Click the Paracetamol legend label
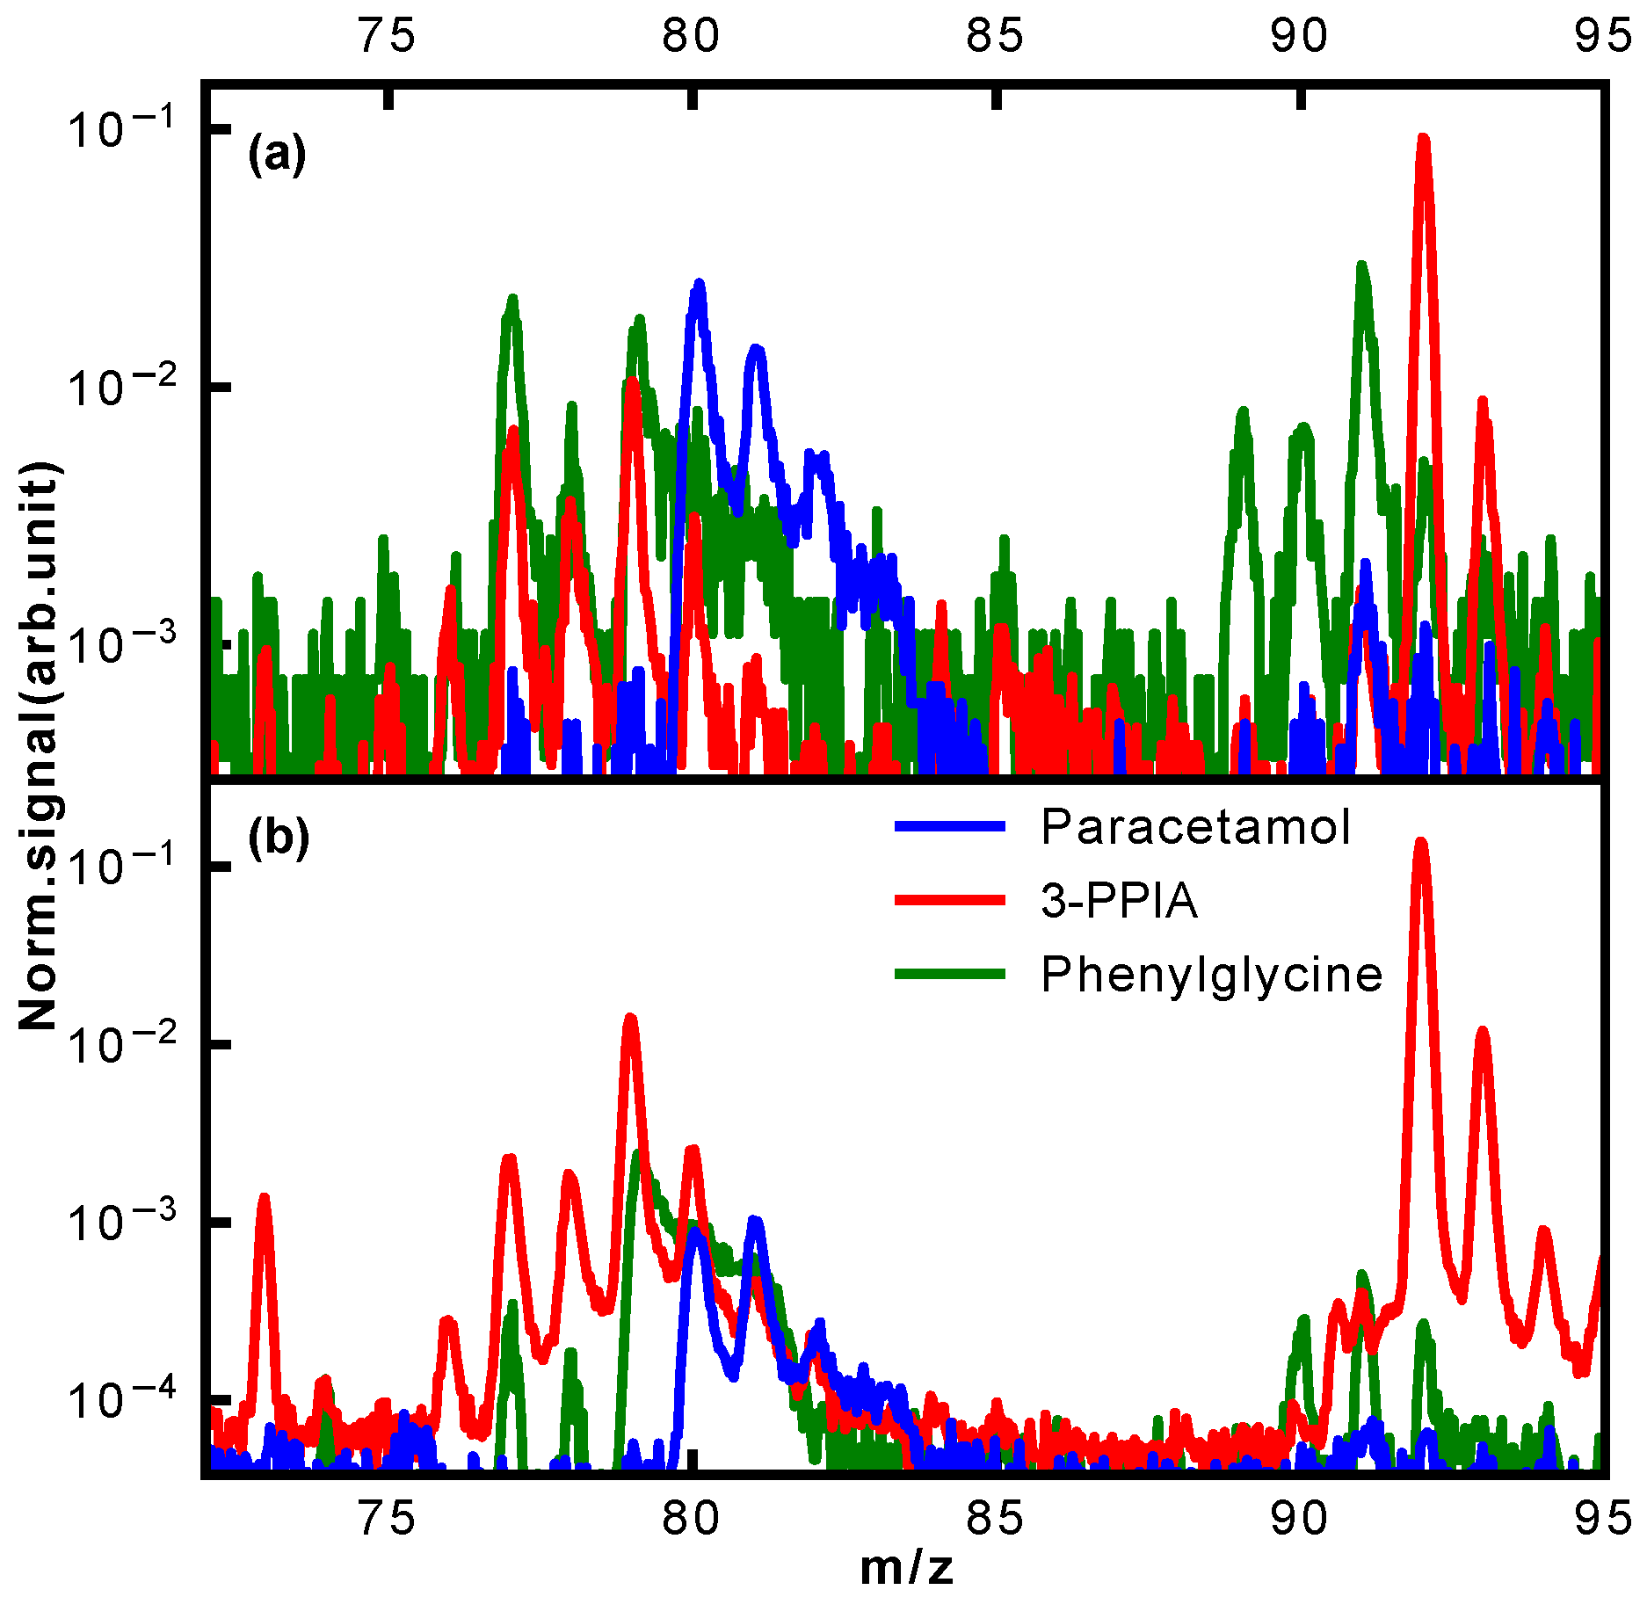point(1194,827)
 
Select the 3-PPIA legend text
point(1119,901)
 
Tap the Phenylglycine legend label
point(1211,975)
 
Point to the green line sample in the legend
point(949,974)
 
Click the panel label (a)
point(277,155)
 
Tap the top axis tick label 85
point(995,35)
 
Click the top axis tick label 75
point(388,35)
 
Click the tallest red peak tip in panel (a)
point(1423,139)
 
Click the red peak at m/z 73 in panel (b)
point(264,1198)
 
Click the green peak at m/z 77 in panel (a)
point(512,299)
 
